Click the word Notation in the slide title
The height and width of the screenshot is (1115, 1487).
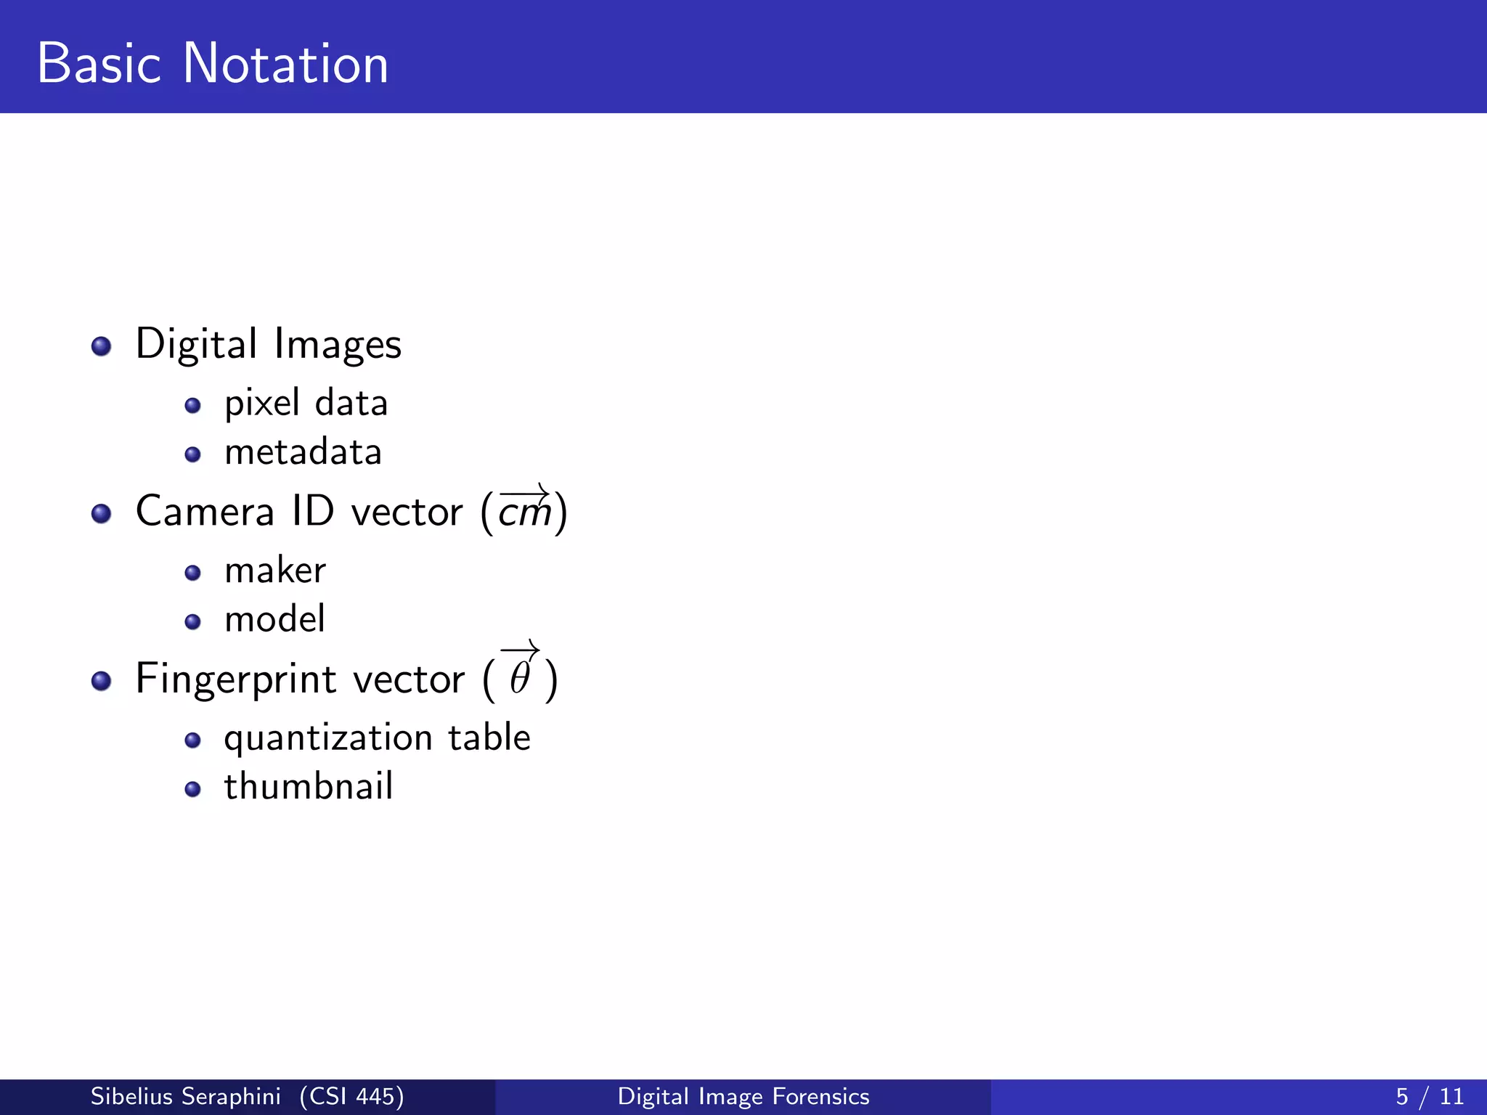click(x=285, y=64)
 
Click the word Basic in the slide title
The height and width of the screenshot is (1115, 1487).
click(x=99, y=64)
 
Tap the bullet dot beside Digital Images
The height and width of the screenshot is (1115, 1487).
click(x=102, y=346)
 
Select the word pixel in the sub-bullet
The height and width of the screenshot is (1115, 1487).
click(x=261, y=404)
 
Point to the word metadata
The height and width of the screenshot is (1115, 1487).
click(x=303, y=452)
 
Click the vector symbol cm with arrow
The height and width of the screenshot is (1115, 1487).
click(x=524, y=510)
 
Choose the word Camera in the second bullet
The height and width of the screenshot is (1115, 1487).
click(x=205, y=511)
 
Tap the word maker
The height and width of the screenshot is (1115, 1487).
click(x=275, y=571)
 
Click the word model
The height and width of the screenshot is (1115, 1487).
click(x=274, y=620)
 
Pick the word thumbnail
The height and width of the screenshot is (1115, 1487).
click(x=309, y=787)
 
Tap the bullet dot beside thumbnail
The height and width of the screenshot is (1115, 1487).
click(x=192, y=789)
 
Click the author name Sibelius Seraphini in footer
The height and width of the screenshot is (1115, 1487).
click(x=185, y=1096)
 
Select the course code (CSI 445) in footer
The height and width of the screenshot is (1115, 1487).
click(x=352, y=1096)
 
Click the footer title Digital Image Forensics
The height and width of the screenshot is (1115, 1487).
click(x=743, y=1096)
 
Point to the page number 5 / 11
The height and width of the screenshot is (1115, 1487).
click(x=1429, y=1096)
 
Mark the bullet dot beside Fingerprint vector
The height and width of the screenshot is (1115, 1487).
click(x=102, y=681)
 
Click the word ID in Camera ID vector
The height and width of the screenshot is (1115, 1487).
click(x=313, y=511)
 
